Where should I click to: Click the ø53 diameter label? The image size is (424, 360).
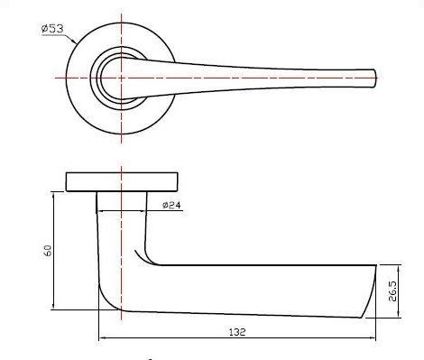51,29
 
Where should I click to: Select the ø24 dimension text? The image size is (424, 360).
171,206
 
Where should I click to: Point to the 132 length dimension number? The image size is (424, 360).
236,332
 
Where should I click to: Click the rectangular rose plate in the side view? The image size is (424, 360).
122,180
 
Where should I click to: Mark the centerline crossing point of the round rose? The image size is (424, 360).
122,78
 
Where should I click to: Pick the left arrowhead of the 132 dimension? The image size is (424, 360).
101,339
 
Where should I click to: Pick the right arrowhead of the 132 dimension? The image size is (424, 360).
373,339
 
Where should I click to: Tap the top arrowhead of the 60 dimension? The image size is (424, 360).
56,195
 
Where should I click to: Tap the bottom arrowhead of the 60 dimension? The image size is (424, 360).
56,307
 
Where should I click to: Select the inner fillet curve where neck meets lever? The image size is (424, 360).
150,260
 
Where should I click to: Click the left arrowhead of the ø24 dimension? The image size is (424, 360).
99,212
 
